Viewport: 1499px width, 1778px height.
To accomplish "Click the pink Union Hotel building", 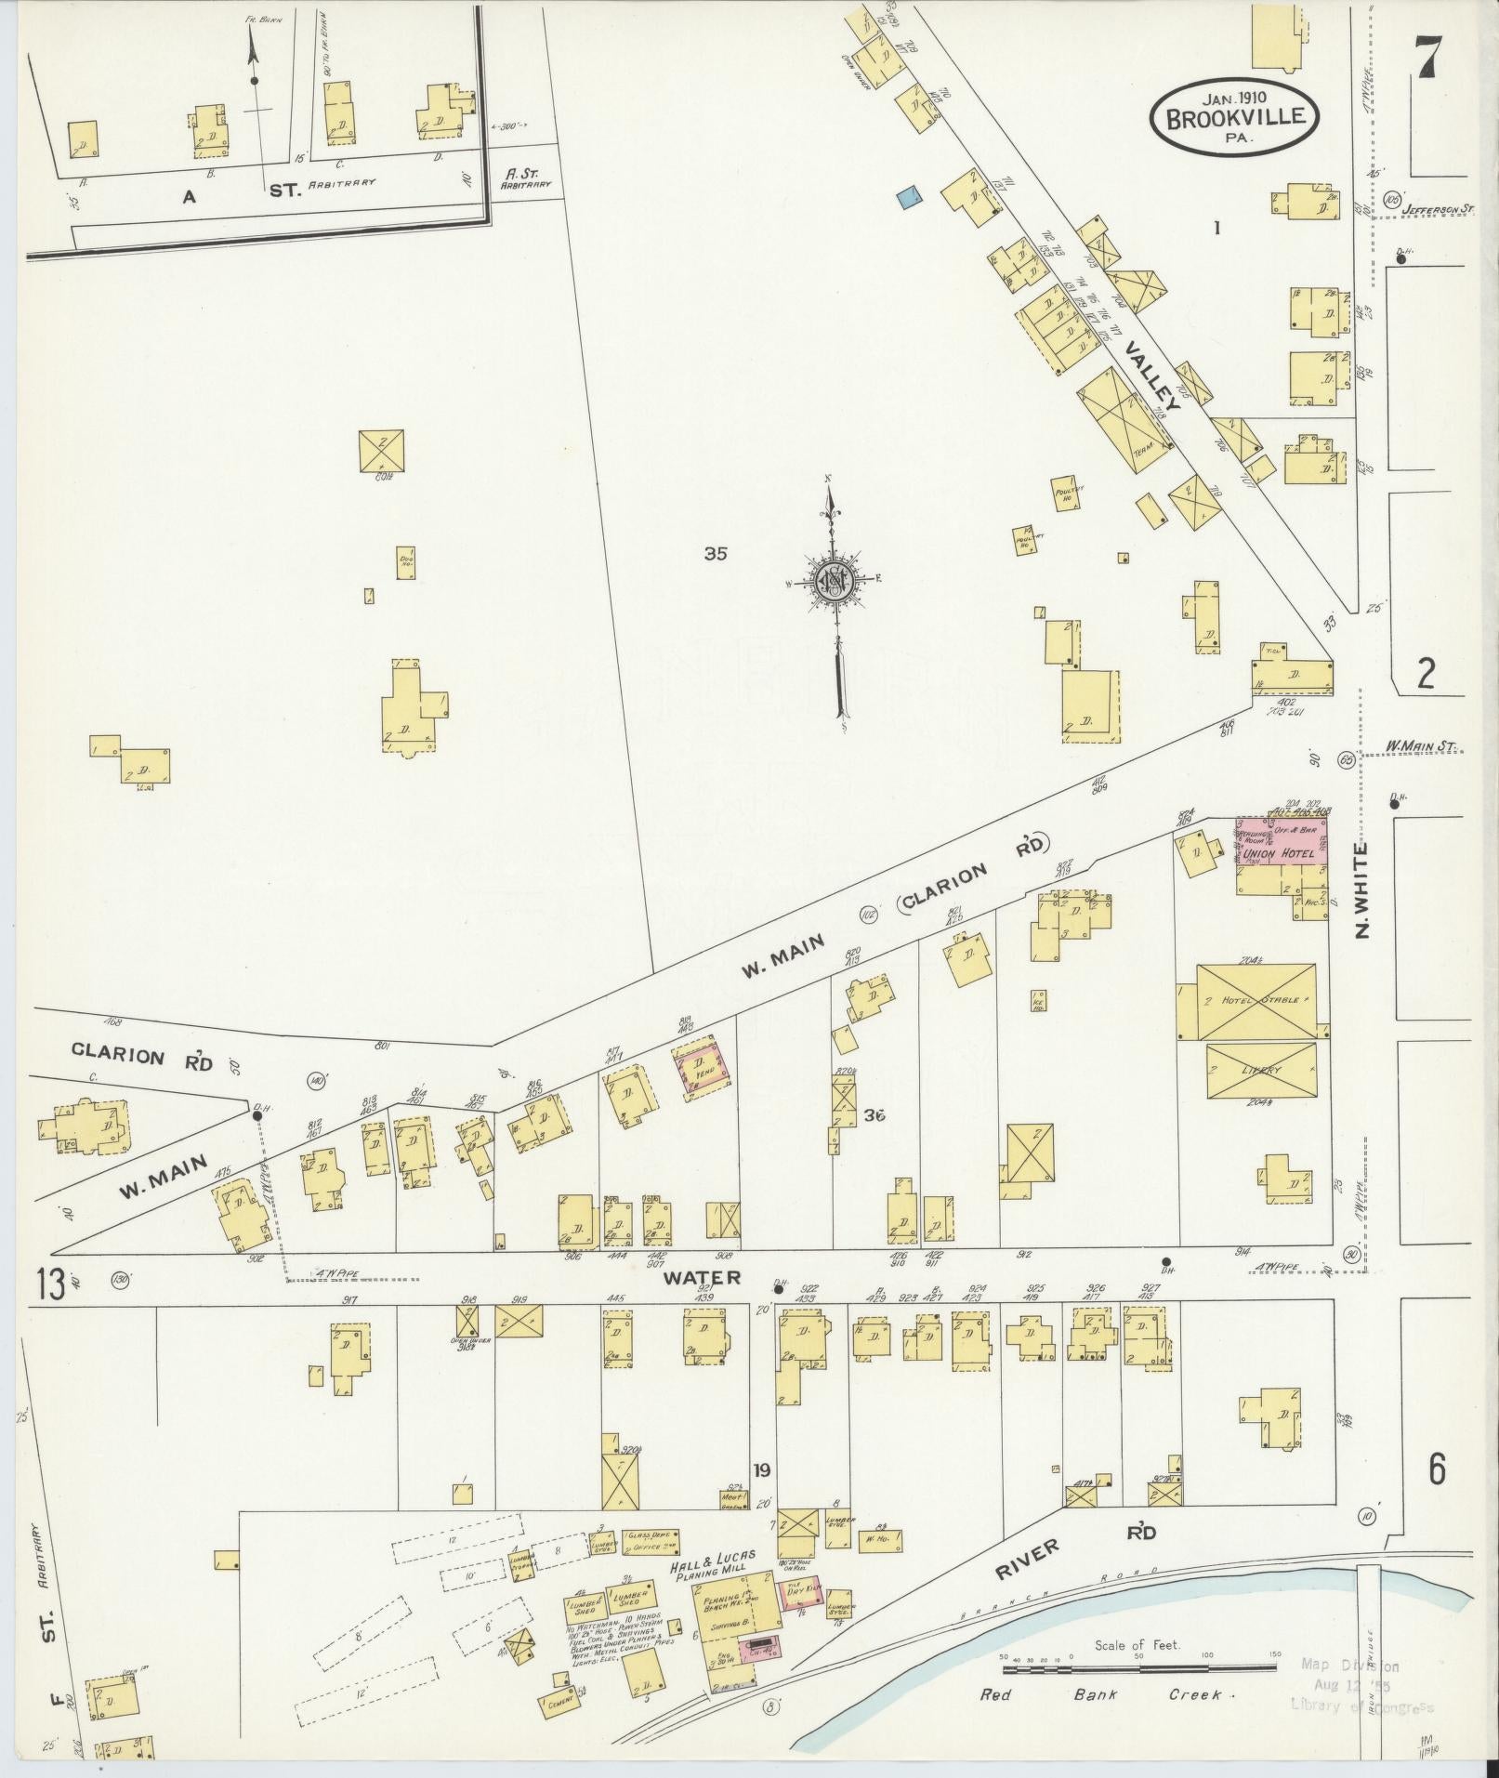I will coord(1281,842).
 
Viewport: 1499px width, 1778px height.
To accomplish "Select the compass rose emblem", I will coord(835,582).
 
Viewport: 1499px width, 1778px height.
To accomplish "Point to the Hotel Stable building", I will coord(1256,1002).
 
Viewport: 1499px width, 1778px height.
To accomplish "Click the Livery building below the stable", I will coord(1261,1070).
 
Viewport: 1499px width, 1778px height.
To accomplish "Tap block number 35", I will coord(715,554).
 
